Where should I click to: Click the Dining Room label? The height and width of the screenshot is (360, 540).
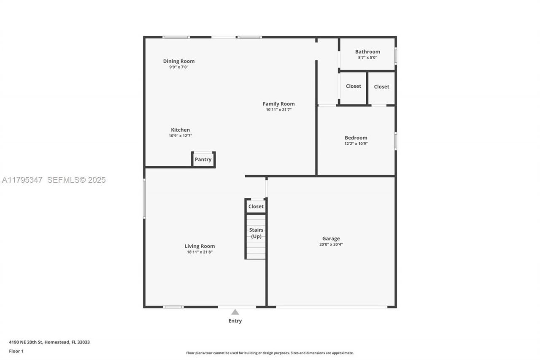pos(179,61)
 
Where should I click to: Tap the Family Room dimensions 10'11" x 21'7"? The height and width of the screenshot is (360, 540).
pos(278,110)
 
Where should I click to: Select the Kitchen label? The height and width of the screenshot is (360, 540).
pos(180,130)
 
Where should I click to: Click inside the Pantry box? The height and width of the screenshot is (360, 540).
pos(203,160)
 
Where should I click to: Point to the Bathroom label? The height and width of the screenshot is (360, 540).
pos(367,52)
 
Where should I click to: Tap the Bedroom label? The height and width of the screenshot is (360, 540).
pos(356,138)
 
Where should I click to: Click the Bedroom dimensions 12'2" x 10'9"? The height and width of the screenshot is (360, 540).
pos(356,143)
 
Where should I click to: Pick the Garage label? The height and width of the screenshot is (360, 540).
pos(331,238)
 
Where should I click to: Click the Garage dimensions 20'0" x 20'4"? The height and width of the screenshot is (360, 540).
pos(331,244)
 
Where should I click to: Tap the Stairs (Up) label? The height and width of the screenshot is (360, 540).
pos(256,233)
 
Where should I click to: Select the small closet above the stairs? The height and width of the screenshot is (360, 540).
pos(256,206)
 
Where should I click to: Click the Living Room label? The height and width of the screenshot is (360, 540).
pos(200,246)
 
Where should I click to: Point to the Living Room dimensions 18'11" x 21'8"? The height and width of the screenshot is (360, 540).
pos(200,252)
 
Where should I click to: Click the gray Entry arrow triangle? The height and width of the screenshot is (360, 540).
pos(235,312)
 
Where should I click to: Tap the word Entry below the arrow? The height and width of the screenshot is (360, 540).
pos(235,321)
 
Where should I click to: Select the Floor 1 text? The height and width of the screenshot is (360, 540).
pos(16,351)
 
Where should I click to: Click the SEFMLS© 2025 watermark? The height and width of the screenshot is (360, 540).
pos(76,180)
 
